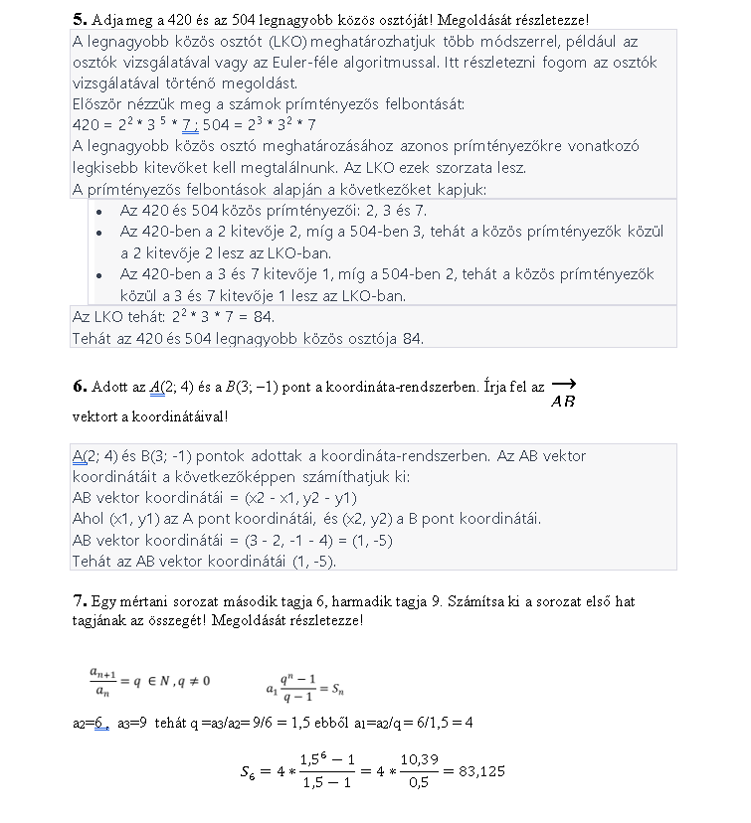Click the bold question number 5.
[79, 19]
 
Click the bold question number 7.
[79, 601]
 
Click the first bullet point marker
[98, 212]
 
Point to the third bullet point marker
[98, 274]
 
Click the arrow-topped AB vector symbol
[562, 394]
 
